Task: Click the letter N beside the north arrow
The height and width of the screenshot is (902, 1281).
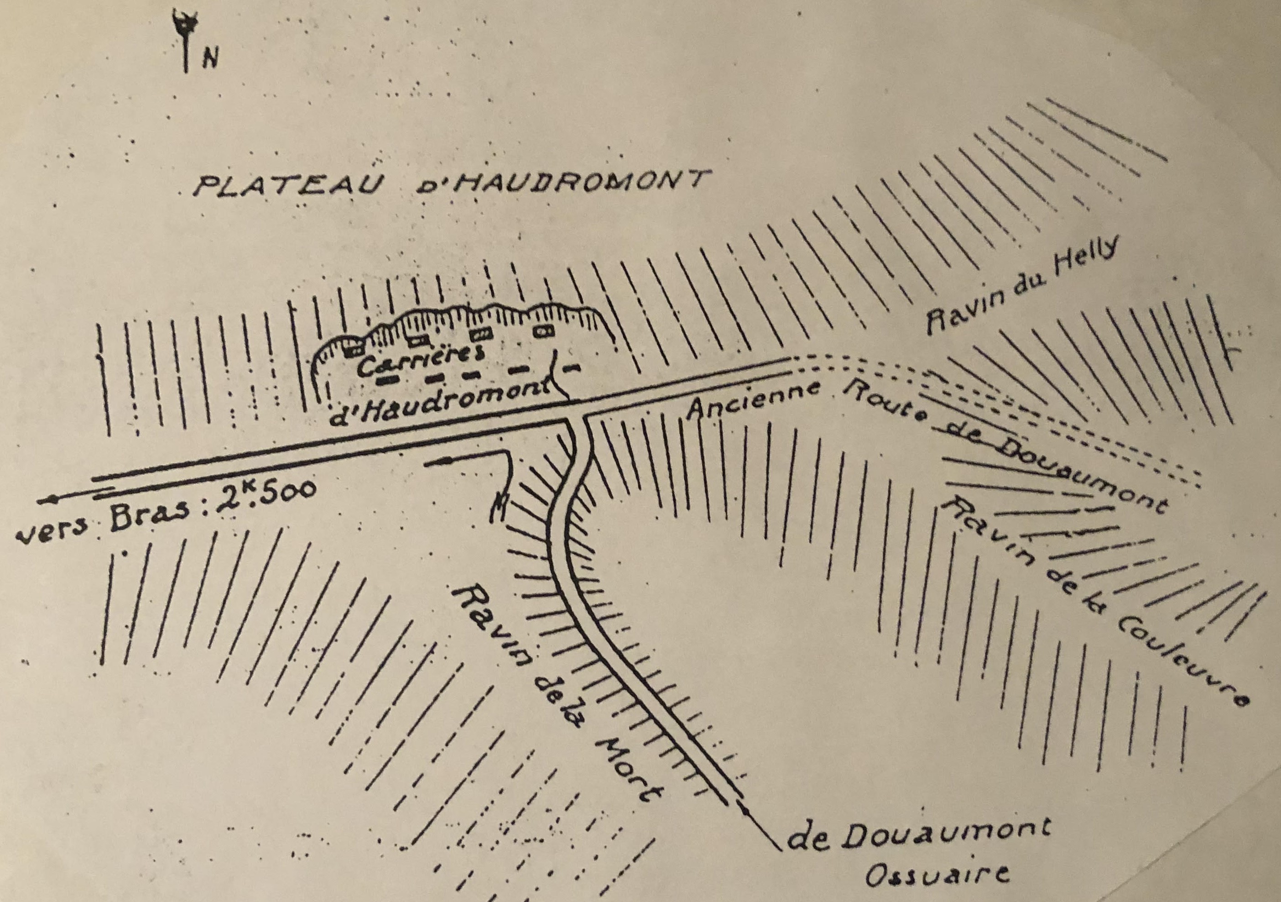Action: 210,58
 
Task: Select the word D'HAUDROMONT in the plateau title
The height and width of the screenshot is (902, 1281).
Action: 563,183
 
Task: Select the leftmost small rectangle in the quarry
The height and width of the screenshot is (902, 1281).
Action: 351,351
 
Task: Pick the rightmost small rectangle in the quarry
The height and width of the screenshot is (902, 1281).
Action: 543,331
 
